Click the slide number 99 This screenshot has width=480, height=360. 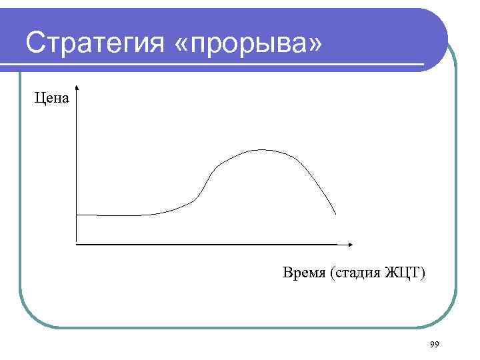coord(435,344)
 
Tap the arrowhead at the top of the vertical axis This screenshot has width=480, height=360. coord(78,88)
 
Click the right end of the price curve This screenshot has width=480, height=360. coord(335,214)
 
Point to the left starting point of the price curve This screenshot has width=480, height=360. coord(77,215)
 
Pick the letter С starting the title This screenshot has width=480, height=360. coord(35,43)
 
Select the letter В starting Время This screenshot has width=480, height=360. coord(287,272)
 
